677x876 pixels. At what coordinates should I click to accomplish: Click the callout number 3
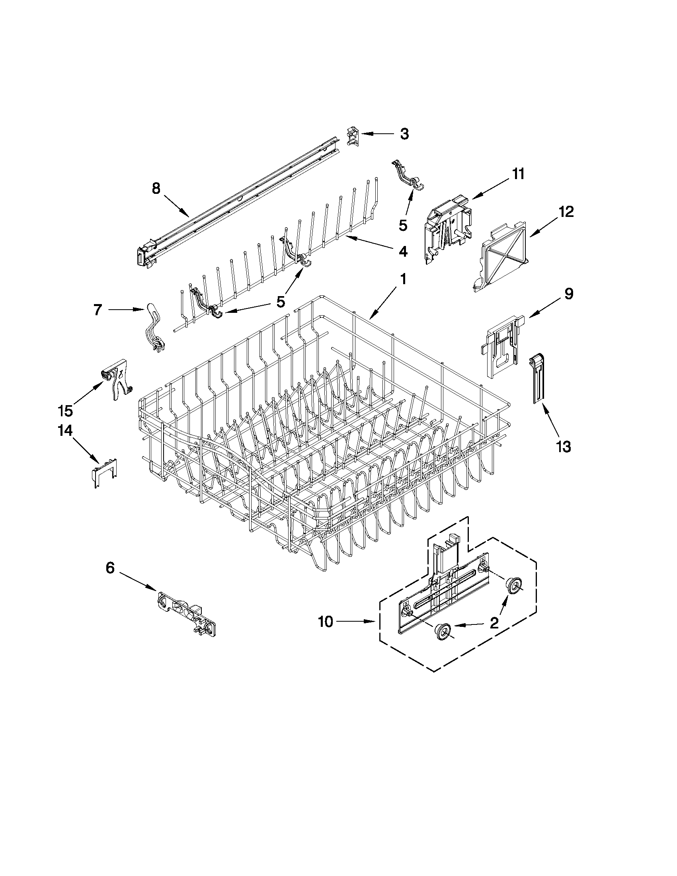click(404, 134)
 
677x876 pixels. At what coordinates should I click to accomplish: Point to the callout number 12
click(566, 211)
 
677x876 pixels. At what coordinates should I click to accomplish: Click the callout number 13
click(564, 446)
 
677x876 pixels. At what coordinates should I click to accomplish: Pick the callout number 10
click(326, 622)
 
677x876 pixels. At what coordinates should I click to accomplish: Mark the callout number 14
click(65, 431)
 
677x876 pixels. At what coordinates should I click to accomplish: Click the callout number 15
click(65, 410)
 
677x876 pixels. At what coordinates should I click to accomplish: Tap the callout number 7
click(98, 310)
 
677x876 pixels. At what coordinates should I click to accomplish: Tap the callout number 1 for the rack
click(403, 279)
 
